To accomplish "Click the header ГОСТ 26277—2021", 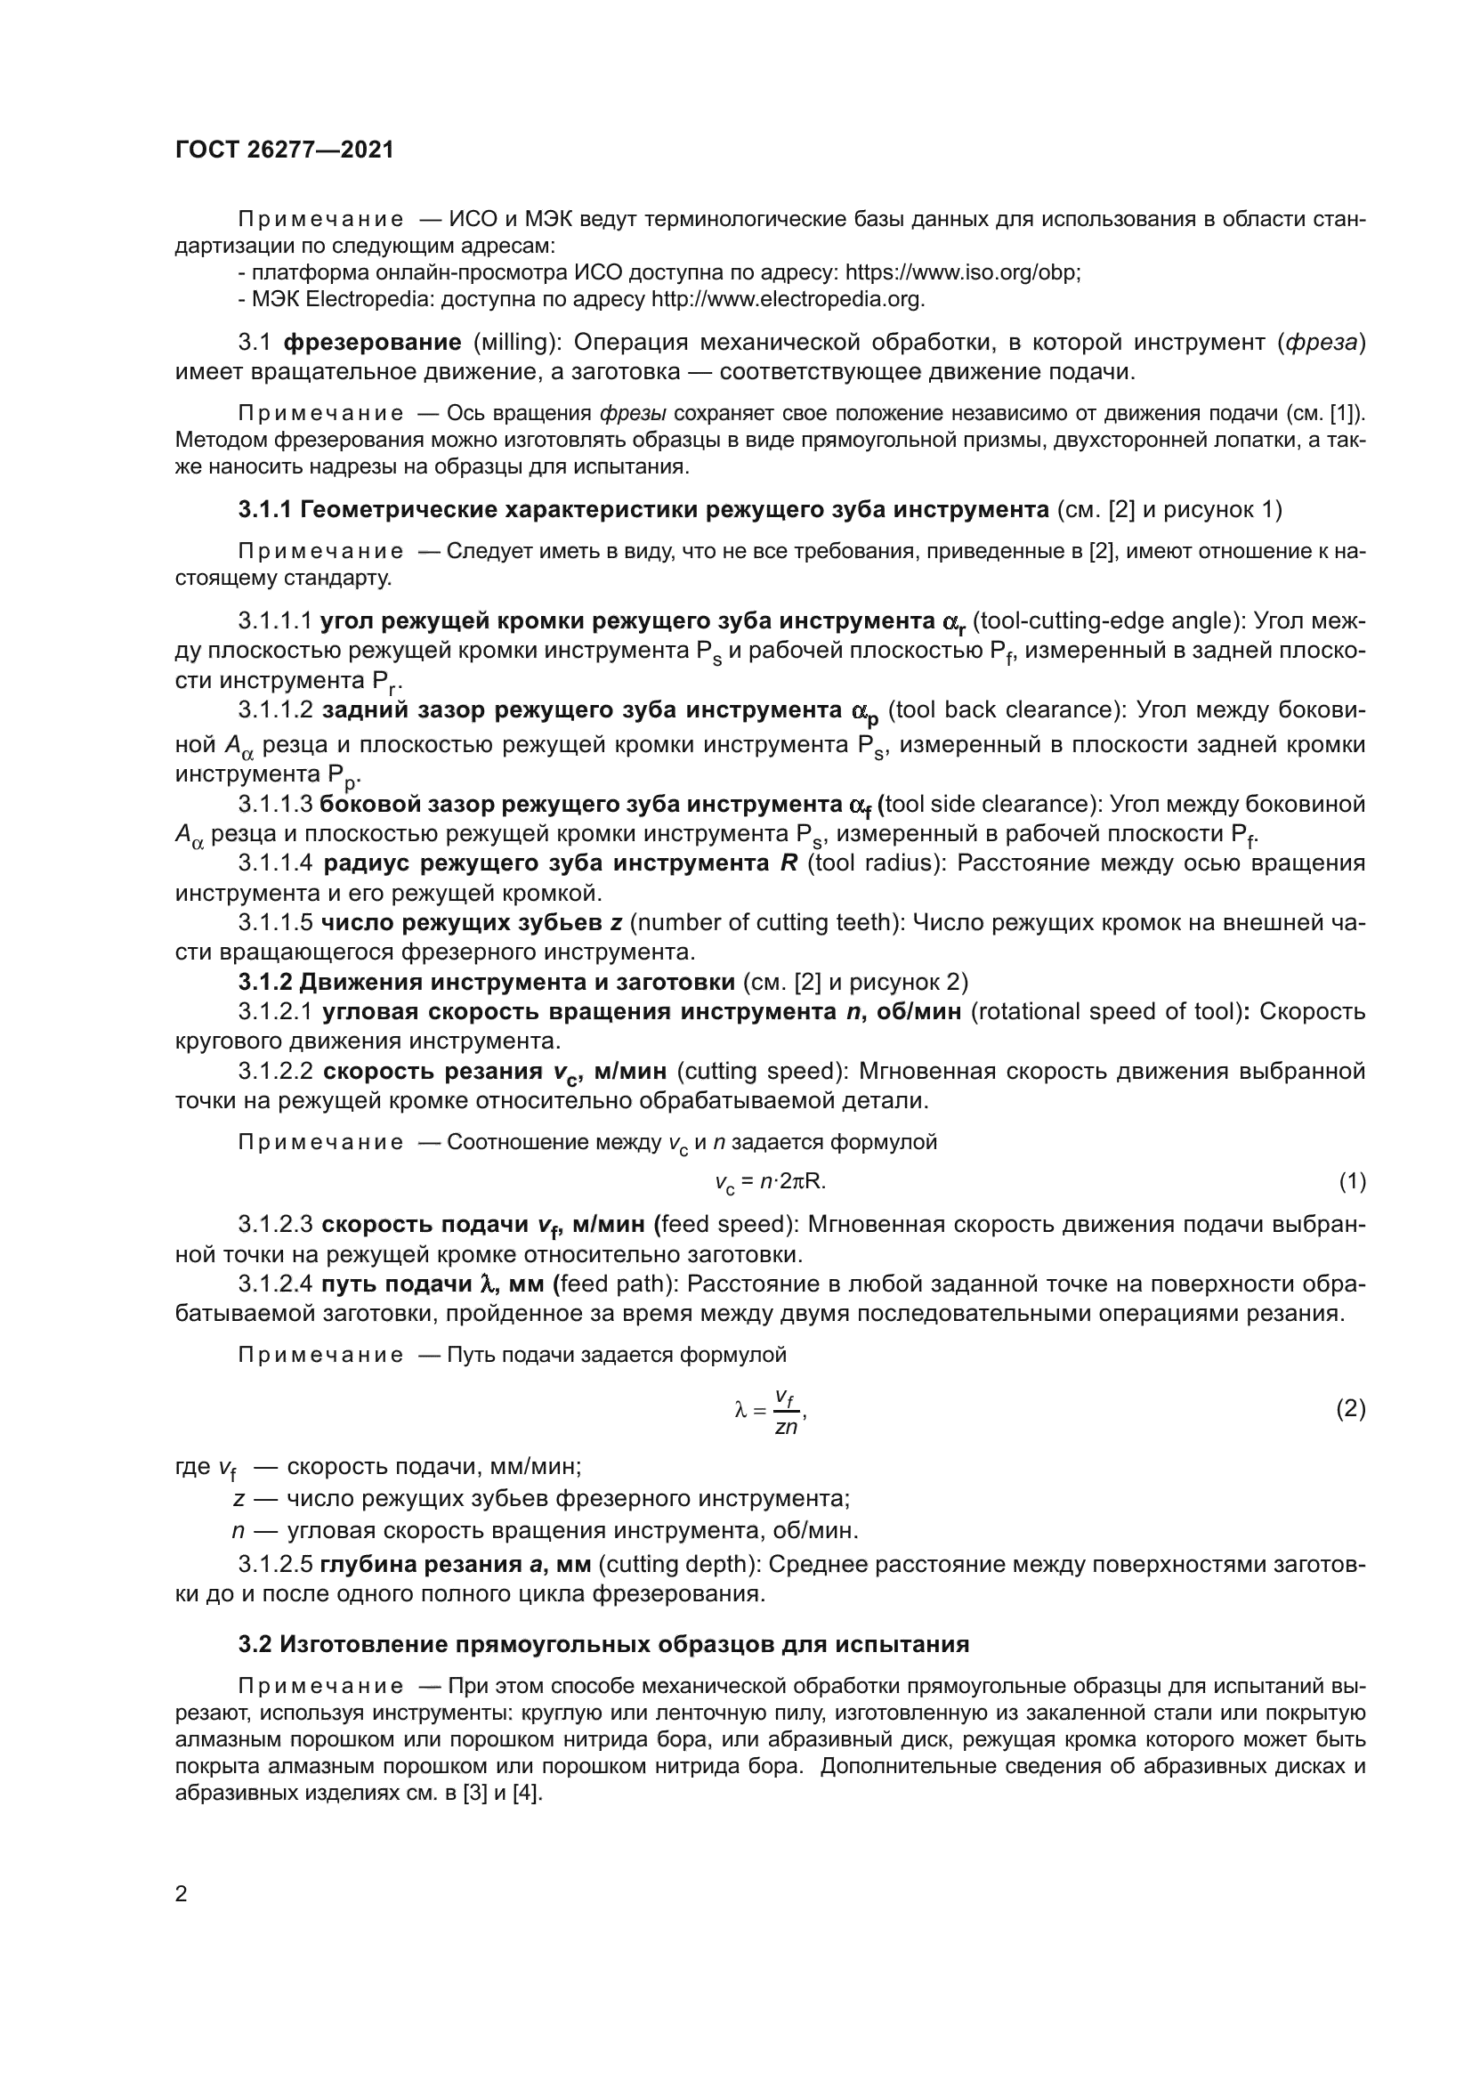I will point(285,150).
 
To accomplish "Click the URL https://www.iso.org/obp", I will point(962,273).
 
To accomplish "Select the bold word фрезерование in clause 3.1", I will point(373,343).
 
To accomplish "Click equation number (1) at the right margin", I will point(1352,1181).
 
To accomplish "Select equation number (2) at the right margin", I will point(1352,1409).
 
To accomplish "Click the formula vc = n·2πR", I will point(770,1182).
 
